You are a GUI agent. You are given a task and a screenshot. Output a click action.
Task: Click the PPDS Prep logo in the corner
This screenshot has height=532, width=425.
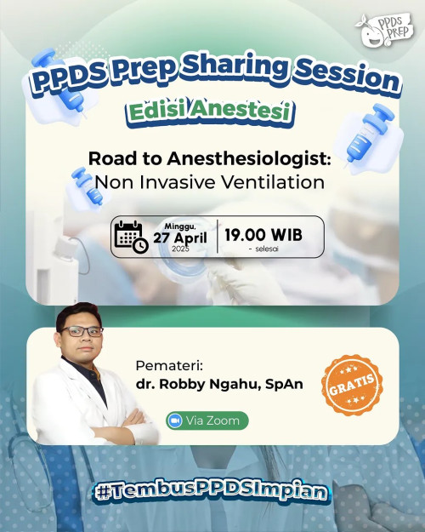tap(385, 29)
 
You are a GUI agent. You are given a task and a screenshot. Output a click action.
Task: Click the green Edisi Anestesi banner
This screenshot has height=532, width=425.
tap(210, 112)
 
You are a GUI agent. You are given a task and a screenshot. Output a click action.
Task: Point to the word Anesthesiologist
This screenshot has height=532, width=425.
tap(248, 159)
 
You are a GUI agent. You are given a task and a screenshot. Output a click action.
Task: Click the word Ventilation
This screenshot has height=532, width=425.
tap(273, 182)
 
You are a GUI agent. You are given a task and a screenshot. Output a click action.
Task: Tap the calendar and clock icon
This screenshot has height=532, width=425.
tap(131, 237)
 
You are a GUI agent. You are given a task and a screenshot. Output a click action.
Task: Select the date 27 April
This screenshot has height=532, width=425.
tap(180, 237)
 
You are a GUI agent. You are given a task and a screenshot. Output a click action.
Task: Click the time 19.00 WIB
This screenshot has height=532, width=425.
tap(263, 234)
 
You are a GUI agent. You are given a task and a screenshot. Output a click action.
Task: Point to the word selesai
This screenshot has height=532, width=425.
tap(267, 249)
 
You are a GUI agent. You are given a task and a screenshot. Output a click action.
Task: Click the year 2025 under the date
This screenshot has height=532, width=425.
tap(180, 249)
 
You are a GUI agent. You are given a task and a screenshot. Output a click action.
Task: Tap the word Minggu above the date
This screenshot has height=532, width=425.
tap(180, 226)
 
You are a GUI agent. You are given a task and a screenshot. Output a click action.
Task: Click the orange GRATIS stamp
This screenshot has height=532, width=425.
tap(352, 385)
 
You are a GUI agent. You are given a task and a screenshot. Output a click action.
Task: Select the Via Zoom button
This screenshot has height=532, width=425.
tap(207, 420)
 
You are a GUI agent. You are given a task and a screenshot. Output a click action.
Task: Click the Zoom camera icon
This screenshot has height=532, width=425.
tap(175, 420)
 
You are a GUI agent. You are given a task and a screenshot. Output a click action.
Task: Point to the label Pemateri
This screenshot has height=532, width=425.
tap(169, 366)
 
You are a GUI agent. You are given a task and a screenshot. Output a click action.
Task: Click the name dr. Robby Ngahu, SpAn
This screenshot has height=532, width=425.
tap(219, 384)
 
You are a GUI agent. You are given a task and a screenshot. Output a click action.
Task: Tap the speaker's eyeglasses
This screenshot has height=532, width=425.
tap(82, 331)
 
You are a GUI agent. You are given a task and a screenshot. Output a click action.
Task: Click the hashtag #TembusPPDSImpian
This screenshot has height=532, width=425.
tap(211, 492)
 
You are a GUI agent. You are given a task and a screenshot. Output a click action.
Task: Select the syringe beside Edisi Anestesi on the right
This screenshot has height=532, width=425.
tap(369, 135)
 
